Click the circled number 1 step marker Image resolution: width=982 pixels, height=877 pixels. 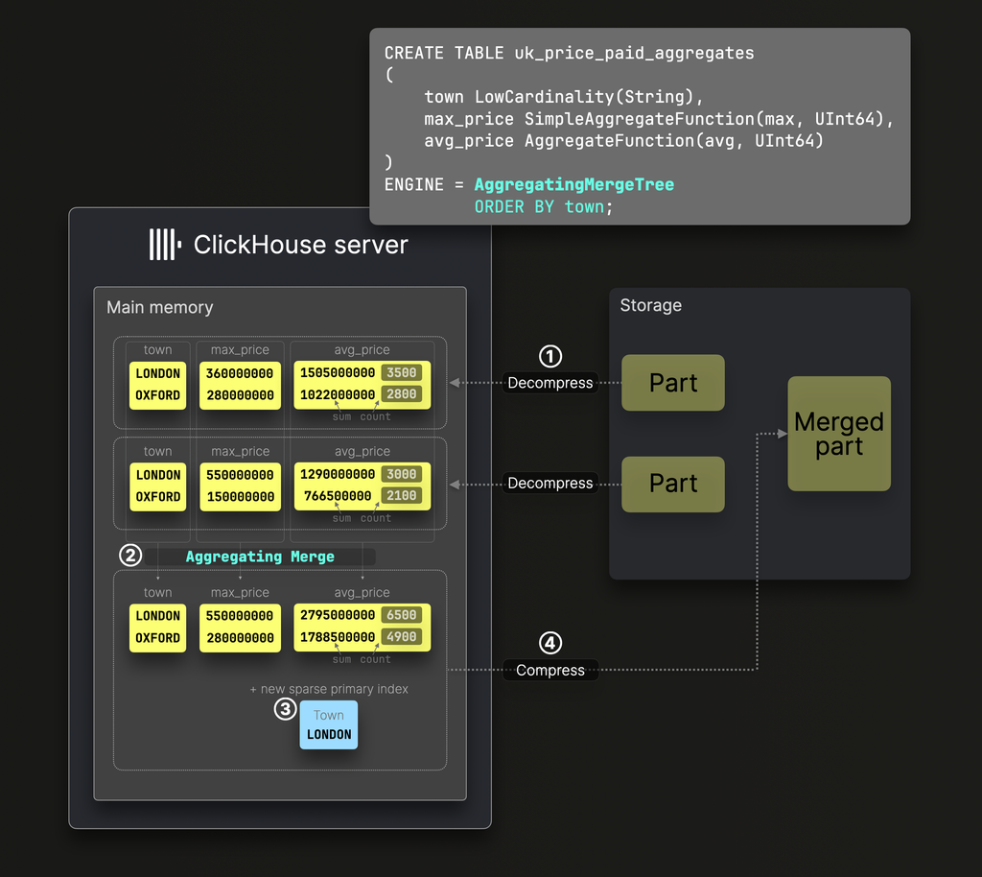[549, 356]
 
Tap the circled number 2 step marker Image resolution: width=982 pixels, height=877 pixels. [130, 556]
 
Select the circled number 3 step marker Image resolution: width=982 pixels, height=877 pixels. [285, 709]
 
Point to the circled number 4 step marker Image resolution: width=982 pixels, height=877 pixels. [549, 643]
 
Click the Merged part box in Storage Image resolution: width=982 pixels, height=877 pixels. [839, 434]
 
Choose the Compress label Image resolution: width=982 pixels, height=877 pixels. [550, 670]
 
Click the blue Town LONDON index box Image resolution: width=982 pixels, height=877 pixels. [329, 725]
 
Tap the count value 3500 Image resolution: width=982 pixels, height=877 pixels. [402, 373]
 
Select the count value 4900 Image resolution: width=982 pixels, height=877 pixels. [402, 637]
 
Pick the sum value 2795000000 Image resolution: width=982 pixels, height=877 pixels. [338, 616]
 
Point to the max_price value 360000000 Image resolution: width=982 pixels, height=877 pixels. [240, 373]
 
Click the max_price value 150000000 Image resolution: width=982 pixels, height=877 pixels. [240, 497]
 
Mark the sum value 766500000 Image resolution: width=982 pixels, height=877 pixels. [338, 497]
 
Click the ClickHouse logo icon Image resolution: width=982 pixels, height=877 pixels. [164, 245]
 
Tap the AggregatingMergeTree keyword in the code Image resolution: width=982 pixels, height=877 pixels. [573, 184]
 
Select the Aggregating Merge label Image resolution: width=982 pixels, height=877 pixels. [260, 557]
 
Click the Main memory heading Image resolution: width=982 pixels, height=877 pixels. [160, 307]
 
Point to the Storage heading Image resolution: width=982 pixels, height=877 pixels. [650, 305]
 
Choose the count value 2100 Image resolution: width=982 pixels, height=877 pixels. [402, 497]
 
